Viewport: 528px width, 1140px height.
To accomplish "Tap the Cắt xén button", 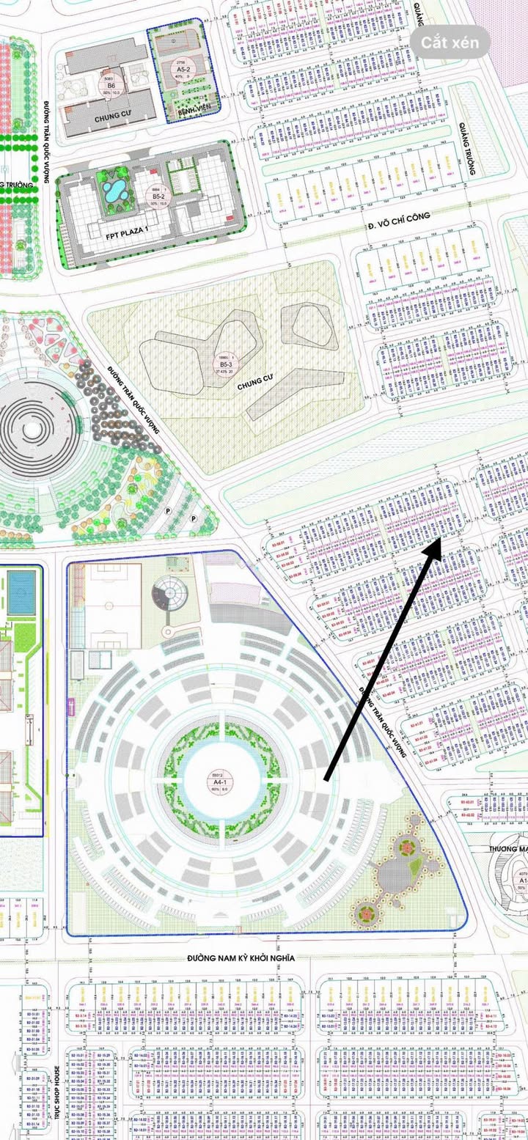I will click(455, 43).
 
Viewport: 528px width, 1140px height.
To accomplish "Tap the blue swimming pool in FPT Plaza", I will click(114, 192).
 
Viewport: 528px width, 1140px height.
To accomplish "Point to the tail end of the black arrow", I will click(326, 779).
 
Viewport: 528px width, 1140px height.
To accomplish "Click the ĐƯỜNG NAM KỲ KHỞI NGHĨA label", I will click(241, 958).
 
